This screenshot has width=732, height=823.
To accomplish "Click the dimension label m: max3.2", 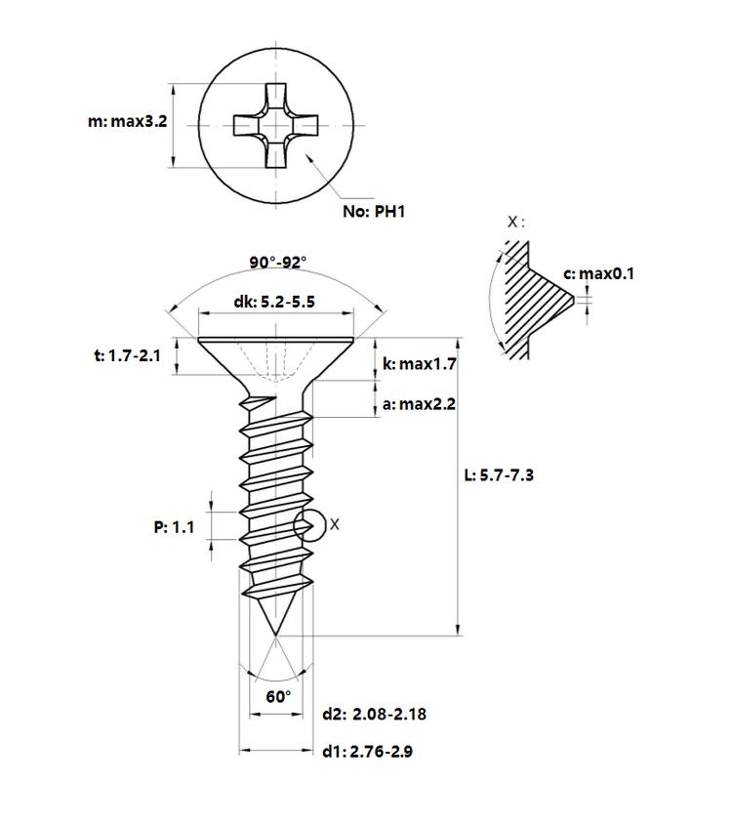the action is (x=127, y=122).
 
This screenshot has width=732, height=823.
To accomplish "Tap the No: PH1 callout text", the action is (x=374, y=212).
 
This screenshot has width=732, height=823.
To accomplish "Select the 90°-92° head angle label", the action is (x=277, y=262).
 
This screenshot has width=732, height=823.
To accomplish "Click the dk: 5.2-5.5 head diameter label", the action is (x=274, y=302).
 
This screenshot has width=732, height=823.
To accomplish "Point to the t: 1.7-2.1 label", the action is (x=127, y=356).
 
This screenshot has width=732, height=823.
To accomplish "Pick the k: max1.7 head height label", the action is (x=420, y=364).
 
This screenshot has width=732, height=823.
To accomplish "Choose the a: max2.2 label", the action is (x=419, y=404).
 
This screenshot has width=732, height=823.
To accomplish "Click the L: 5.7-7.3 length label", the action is (x=499, y=475).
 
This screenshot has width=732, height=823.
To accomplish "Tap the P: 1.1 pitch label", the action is (x=174, y=527).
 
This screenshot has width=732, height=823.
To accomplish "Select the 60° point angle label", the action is (x=278, y=696).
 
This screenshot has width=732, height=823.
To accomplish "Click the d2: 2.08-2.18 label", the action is (x=374, y=714).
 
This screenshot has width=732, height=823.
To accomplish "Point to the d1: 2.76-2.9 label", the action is (x=367, y=752).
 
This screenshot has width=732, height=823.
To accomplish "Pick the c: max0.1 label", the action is (x=598, y=273).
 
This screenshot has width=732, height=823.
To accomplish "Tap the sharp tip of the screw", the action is (x=275, y=637).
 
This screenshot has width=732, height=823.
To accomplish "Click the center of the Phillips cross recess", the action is (x=276, y=126).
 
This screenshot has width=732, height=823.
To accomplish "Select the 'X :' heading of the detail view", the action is (x=515, y=222).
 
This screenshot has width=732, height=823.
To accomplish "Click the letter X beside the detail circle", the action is (x=334, y=524).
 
